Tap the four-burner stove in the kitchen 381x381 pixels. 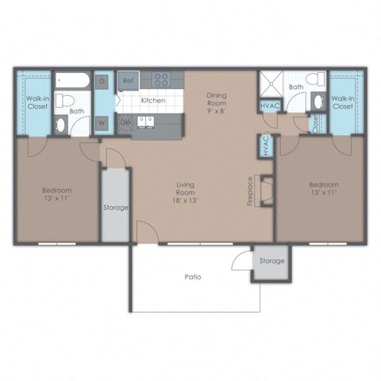(x=163, y=79)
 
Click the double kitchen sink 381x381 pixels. (x=147, y=121)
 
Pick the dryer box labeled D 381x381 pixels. (x=102, y=81)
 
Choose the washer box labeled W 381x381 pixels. (x=102, y=122)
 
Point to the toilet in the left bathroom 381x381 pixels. (x=68, y=101)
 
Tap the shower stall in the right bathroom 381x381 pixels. (x=271, y=84)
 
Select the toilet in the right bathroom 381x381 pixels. (x=317, y=82)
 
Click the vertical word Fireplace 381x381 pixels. (x=251, y=191)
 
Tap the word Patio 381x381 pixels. (x=192, y=277)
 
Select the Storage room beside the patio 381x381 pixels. (x=267, y=261)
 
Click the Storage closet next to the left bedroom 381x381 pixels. (x=114, y=208)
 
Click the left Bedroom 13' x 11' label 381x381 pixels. (x=56, y=195)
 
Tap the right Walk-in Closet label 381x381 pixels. (x=343, y=102)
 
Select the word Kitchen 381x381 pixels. (x=152, y=101)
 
